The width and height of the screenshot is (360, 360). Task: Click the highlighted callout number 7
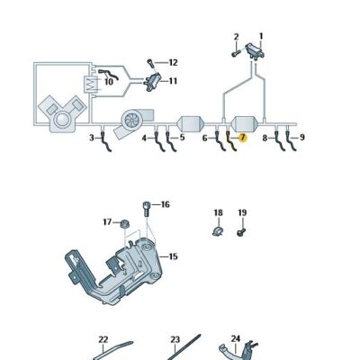click(241, 138)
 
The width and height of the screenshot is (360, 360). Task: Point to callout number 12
click(173, 62)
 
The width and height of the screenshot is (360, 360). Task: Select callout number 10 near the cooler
click(109, 82)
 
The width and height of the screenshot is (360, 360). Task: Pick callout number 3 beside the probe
click(91, 138)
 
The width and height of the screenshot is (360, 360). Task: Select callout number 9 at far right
click(301, 138)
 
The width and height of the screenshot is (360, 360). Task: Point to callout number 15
click(173, 256)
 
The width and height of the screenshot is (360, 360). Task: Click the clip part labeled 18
click(216, 233)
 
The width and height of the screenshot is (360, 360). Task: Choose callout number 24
click(236, 338)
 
